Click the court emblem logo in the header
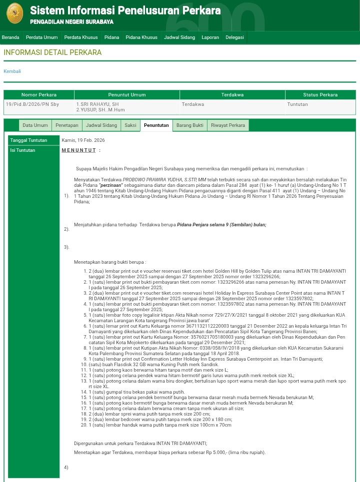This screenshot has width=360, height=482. [x=14, y=13]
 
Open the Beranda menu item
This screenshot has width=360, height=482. [x=10, y=37]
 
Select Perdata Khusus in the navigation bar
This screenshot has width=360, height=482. [x=80, y=37]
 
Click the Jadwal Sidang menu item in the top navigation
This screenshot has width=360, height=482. [x=179, y=37]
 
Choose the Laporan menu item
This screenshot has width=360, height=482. [x=210, y=37]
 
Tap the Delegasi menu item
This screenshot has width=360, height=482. [x=234, y=37]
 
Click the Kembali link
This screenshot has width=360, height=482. [x=12, y=71]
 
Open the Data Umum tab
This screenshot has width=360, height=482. [x=35, y=125]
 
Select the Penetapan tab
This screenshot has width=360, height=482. [x=66, y=125]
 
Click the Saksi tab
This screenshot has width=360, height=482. [x=130, y=125]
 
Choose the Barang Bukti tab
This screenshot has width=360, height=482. [x=189, y=125]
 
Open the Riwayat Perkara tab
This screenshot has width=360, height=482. [x=227, y=125]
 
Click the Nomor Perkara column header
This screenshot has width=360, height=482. [x=39, y=95]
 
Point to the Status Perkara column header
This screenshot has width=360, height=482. [x=320, y=95]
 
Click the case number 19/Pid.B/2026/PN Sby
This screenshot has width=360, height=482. [x=32, y=104]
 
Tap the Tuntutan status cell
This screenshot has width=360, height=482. [x=297, y=104]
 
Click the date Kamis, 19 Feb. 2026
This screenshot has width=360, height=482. [x=83, y=140]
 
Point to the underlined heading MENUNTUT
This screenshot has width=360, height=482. [x=79, y=150]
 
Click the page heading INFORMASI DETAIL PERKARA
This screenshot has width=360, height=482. [x=52, y=52]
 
